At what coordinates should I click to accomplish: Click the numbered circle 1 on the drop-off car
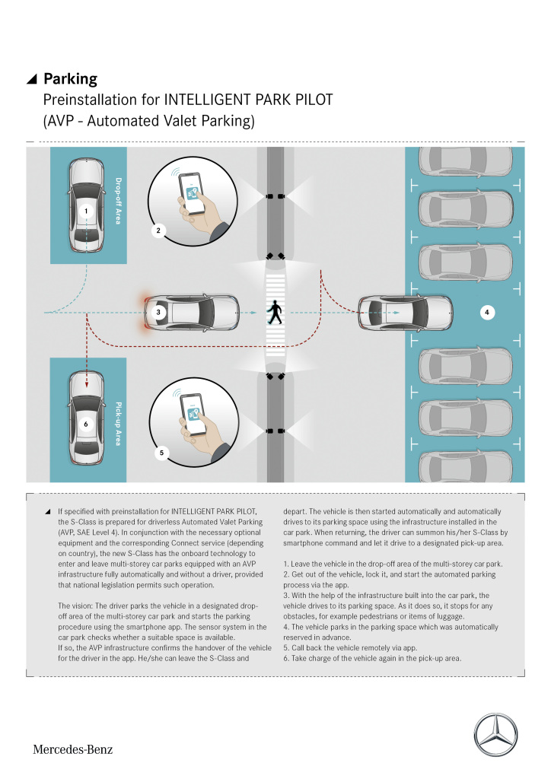coord(87,211)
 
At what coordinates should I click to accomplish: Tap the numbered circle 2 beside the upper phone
coord(158,229)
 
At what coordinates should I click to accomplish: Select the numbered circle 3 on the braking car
coord(158,312)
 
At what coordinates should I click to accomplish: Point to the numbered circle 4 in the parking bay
coord(487,312)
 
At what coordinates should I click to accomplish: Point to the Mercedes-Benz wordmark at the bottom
coord(72,749)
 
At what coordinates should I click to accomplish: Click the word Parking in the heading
coord(70,79)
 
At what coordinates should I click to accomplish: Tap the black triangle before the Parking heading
coord(31,80)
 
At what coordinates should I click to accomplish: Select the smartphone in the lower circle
coord(193,414)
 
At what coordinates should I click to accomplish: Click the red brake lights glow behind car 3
coord(141,312)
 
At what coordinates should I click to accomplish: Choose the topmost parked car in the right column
coord(466,159)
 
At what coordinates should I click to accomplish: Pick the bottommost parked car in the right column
coord(466,466)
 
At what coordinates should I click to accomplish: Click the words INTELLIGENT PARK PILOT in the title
coord(250,100)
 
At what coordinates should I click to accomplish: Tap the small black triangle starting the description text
coord(48,511)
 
